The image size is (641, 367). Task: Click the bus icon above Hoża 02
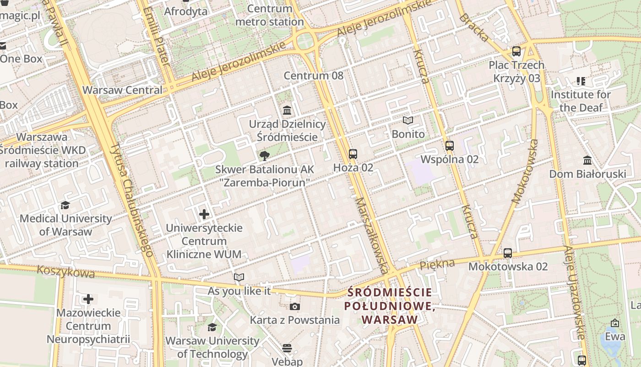[353, 154]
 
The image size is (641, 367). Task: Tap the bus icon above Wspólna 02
[450, 146]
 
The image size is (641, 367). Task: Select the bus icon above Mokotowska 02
[508, 253]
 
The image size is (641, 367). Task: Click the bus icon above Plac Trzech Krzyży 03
[516, 51]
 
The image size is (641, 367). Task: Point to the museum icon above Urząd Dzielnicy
[288, 110]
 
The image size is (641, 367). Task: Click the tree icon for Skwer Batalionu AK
[264, 156]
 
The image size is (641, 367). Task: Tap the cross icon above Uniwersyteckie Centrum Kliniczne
[204, 214]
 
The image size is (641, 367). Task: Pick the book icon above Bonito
[408, 121]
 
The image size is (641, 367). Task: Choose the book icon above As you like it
[239, 277]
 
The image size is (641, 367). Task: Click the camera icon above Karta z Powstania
[294, 306]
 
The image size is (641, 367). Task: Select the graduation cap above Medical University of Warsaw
[65, 205]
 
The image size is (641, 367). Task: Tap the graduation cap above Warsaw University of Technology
[212, 327]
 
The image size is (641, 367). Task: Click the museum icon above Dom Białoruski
[587, 161]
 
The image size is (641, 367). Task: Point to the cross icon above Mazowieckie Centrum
[88, 300]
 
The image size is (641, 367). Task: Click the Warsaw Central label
[122, 90]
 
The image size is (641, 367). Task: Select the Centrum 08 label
[314, 76]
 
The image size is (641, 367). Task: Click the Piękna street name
[437, 264]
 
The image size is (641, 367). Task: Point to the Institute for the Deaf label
[581, 101]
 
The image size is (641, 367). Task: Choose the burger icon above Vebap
[287, 349]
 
